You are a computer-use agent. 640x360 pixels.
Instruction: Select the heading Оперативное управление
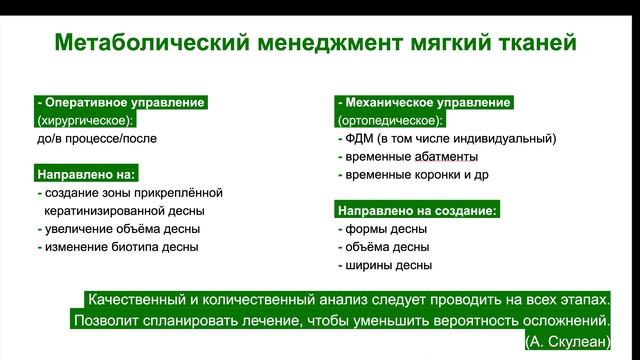click(x=122, y=102)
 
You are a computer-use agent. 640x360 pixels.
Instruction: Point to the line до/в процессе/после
click(x=97, y=139)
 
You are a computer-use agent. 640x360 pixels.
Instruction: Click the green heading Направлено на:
click(x=85, y=174)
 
